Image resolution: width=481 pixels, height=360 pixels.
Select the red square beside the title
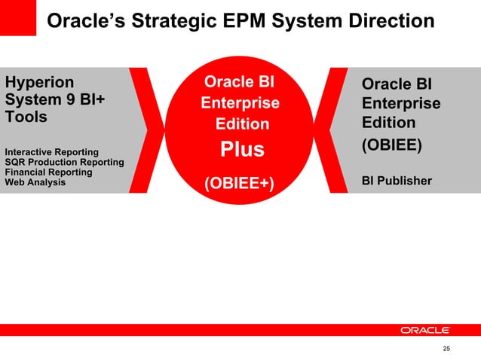pyautogui.click(x=18, y=18)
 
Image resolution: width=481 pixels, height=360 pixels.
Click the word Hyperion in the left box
pyautogui.click(x=40, y=81)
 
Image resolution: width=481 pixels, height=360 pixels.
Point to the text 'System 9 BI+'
pyautogui.click(x=55, y=99)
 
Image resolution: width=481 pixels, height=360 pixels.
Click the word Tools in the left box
pyautogui.click(x=26, y=117)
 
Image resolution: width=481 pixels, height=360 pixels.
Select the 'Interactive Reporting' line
pyautogui.click(x=51, y=153)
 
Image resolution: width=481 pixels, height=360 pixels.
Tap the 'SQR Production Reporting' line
pyautogui.click(x=64, y=163)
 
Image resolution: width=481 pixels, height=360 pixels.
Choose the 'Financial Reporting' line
pyautogui.click(x=48, y=172)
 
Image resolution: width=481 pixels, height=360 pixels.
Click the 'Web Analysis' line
pyautogui.click(x=35, y=182)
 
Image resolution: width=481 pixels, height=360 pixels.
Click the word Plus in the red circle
pyautogui.click(x=242, y=150)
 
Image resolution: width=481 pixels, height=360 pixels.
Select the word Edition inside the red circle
pyautogui.click(x=242, y=124)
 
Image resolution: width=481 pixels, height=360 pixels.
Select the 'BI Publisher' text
pyautogui.click(x=397, y=181)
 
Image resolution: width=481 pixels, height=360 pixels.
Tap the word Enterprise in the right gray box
pyautogui.click(x=401, y=103)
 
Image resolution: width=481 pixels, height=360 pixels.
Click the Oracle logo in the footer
pyautogui.click(x=425, y=330)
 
